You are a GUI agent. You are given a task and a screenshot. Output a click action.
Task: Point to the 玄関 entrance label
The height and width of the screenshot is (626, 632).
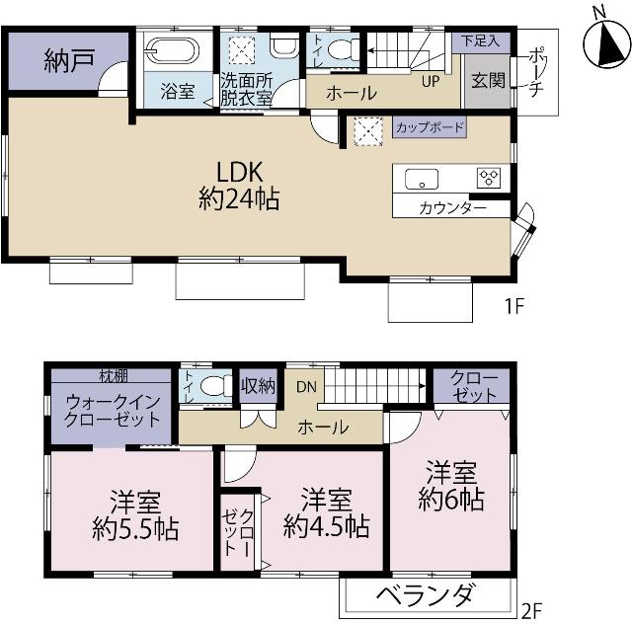pos(488,80)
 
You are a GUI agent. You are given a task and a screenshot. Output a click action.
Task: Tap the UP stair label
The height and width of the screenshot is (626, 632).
pos(431,81)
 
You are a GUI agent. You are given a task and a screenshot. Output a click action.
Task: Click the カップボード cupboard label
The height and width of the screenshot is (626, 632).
pos(429,127)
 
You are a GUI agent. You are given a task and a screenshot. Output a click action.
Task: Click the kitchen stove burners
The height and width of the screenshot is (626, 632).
pos(489,178)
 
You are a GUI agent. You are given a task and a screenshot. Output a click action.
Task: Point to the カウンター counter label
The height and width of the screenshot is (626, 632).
pos(452,208)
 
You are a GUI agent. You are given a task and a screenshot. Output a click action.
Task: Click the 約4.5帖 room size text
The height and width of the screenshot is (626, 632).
pos(326,526)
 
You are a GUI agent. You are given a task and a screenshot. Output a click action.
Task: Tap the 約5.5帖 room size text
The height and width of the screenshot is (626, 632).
pos(136,528)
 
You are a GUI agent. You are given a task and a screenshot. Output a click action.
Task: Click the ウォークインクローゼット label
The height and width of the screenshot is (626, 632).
pos(113,410)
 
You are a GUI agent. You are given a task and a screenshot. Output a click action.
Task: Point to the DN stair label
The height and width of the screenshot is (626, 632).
pos(306,387)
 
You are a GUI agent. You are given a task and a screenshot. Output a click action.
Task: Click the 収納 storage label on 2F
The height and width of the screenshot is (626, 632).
pos(259,385)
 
